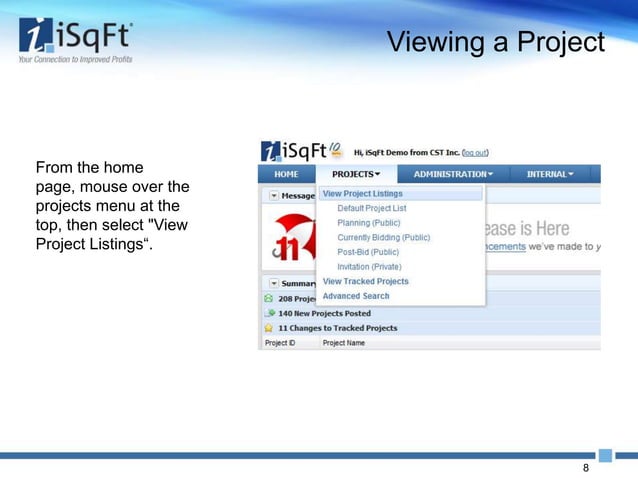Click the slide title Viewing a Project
click(x=496, y=43)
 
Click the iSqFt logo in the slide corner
click(x=75, y=41)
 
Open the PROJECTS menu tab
click(x=356, y=174)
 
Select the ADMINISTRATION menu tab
click(x=451, y=174)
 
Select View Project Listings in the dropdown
click(x=362, y=193)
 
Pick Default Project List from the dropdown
click(x=372, y=208)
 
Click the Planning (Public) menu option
click(x=368, y=223)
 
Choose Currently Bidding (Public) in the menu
click(x=383, y=238)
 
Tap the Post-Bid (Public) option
click(x=368, y=252)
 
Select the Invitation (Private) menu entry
click(x=369, y=267)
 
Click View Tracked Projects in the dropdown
click(x=365, y=281)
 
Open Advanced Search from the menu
click(x=355, y=296)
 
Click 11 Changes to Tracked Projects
click(x=337, y=327)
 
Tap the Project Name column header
click(x=343, y=343)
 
